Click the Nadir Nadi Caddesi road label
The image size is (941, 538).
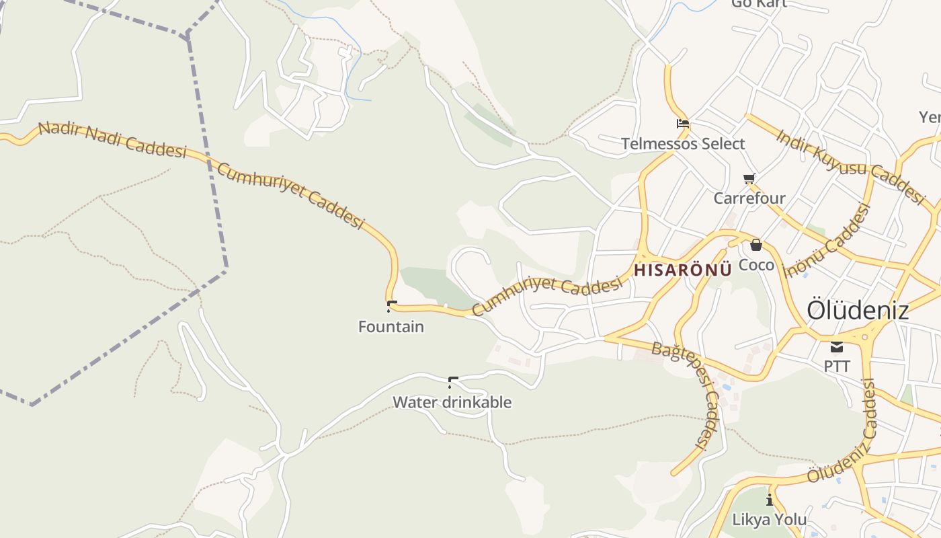tap(112, 139)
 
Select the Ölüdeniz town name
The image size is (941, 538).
tap(858, 310)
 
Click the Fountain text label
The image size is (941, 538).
tap(391, 327)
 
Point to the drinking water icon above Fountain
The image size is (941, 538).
tap(391, 306)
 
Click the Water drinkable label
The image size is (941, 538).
tap(452, 402)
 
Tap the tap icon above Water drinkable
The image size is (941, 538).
tap(452, 382)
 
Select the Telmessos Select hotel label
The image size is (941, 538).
tap(683, 143)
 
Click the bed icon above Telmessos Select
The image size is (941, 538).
tap(683, 123)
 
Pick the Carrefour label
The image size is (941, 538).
tap(749, 198)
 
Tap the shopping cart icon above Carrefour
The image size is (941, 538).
tap(749, 178)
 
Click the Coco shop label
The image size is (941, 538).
tap(756, 265)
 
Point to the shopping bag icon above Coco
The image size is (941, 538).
tap(756, 245)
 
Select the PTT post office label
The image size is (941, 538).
tap(837, 367)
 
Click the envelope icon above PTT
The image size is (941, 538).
tap(837, 347)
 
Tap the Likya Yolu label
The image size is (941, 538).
tap(770, 519)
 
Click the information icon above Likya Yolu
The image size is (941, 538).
tap(770, 500)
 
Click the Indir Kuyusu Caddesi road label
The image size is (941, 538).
tap(851, 165)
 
